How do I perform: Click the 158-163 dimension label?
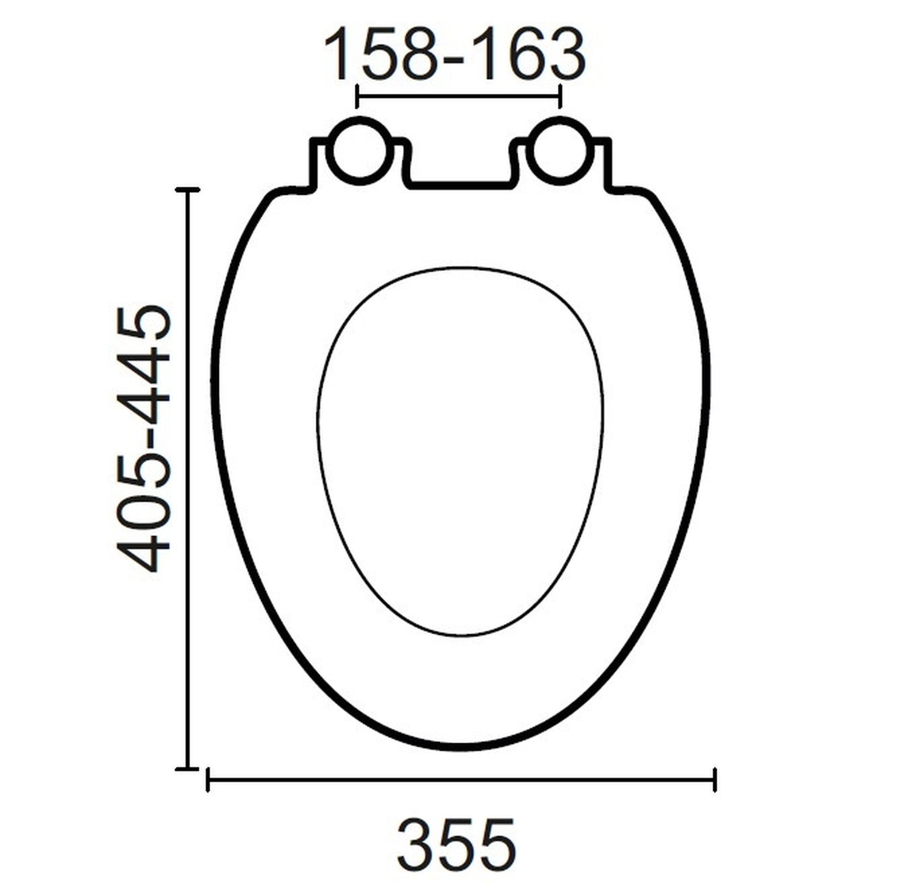click(x=455, y=55)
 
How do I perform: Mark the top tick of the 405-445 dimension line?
click(x=187, y=190)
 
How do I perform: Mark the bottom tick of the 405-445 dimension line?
click(x=187, y=769)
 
